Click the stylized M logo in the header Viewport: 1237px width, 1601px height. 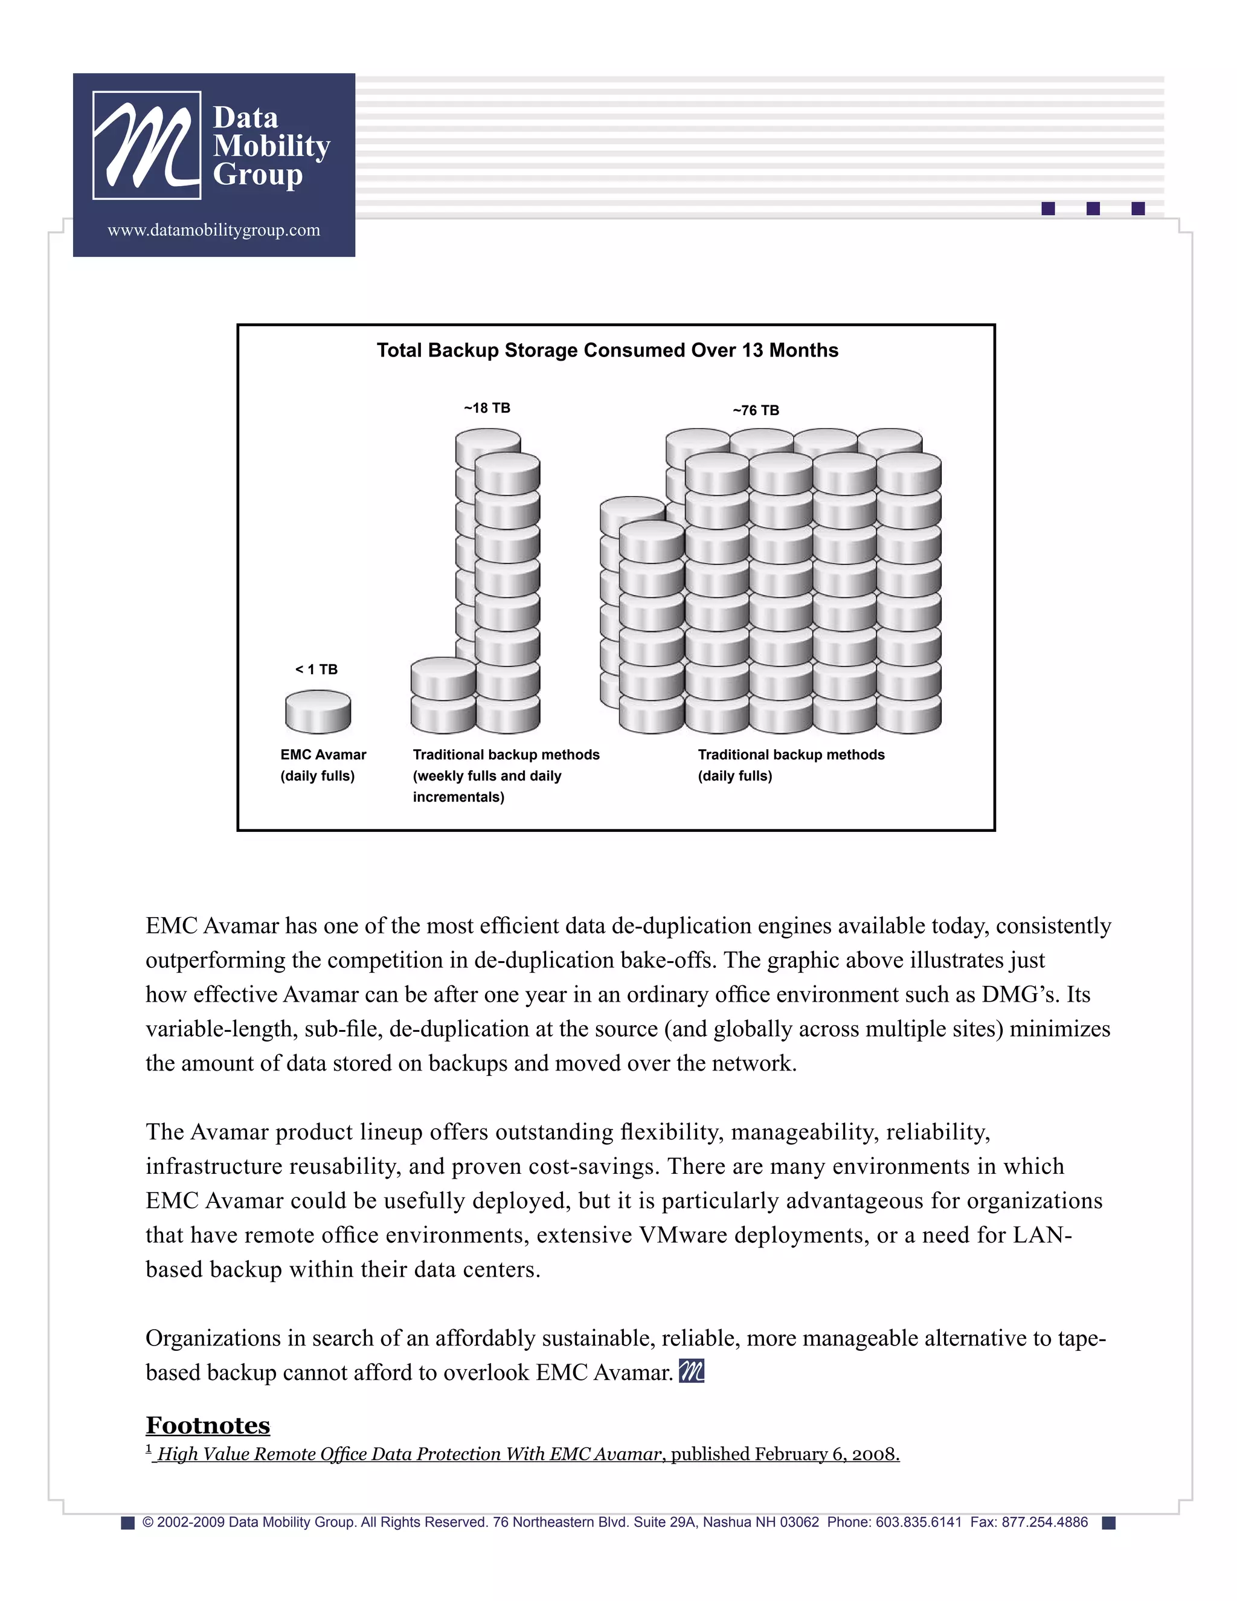(x=147, y=145)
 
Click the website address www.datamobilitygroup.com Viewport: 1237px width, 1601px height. (x=214, y=230)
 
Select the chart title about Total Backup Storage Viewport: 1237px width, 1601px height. (x=608, y=350)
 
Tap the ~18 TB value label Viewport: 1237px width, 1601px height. (x=487, y=408)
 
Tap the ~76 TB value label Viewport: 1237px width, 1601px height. (x=756, y=410)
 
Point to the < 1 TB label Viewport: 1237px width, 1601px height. (x=316, y=669)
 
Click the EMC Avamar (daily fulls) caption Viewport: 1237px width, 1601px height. (x=323, y=765)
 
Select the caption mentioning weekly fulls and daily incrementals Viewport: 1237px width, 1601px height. (x=506, y=776)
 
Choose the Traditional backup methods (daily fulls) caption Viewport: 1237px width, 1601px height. (x=791, y=765)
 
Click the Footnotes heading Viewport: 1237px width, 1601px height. (x=207, y=1425)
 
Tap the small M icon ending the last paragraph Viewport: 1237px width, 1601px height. (x=691, y=1371)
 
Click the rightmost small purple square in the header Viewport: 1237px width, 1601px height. (x=1137, y=209)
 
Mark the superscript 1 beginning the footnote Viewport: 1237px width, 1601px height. (x=149, y=1449)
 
